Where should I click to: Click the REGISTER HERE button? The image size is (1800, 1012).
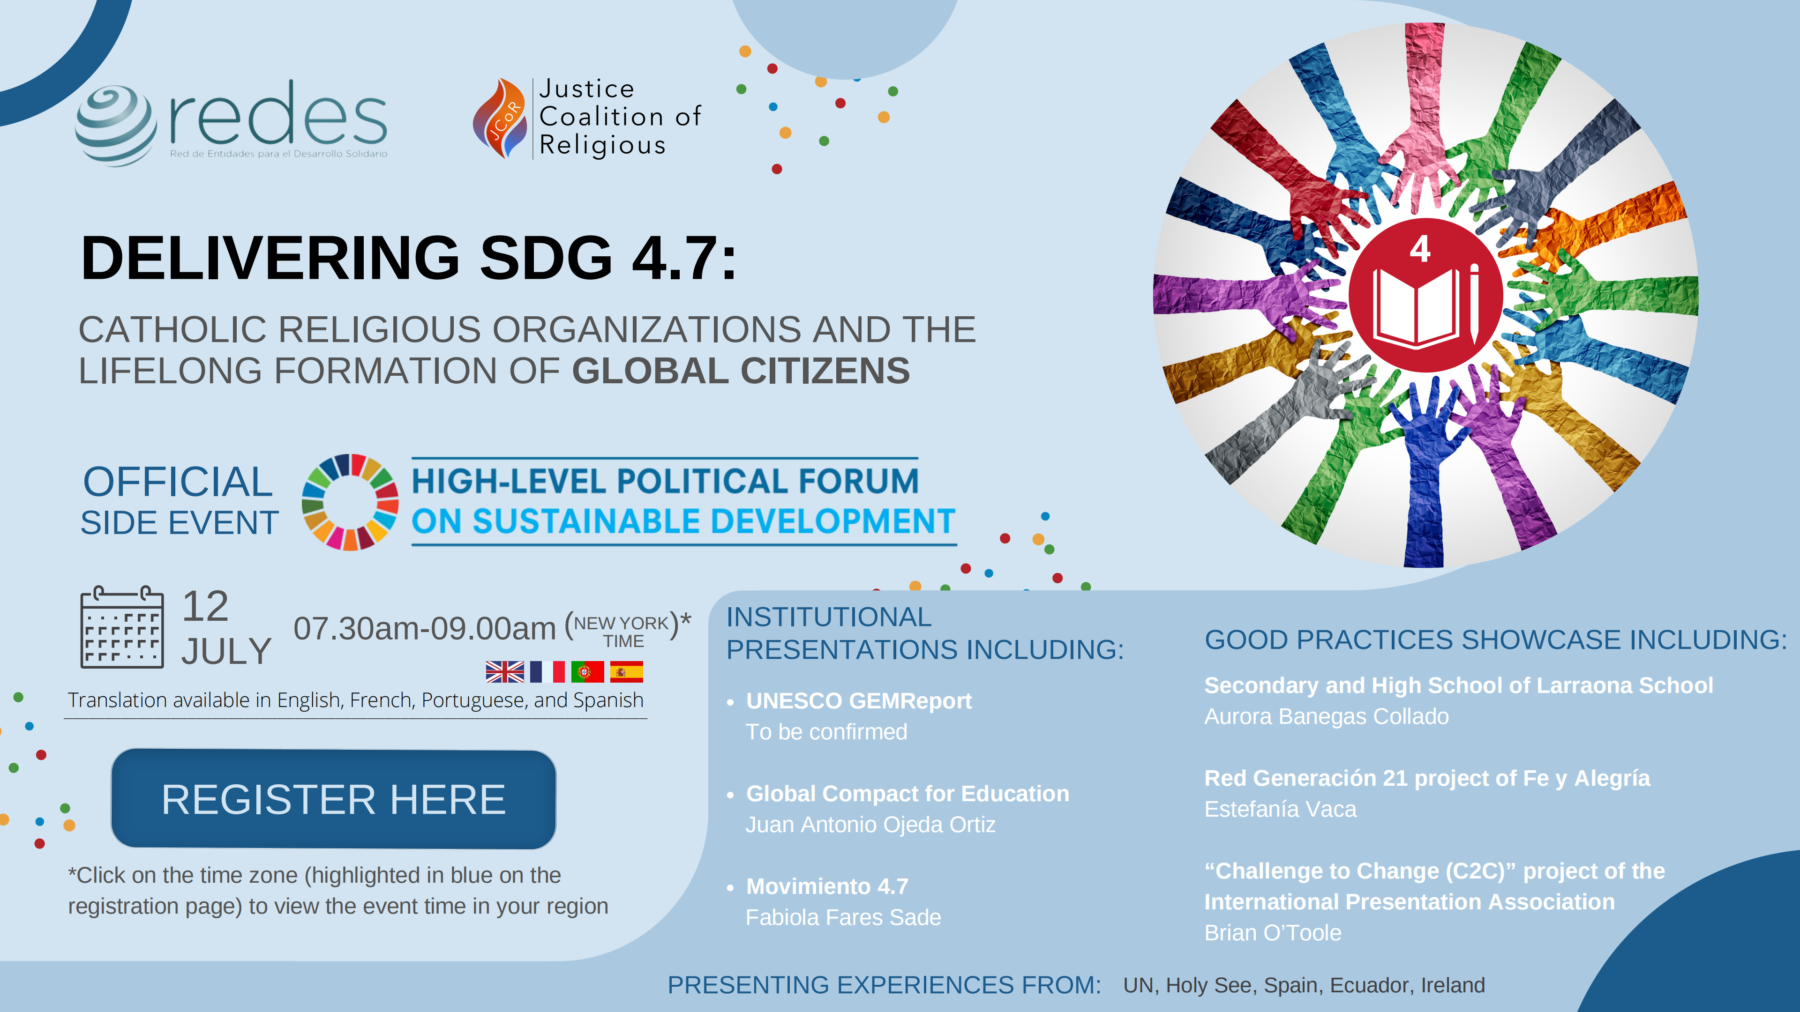tap(333, 799)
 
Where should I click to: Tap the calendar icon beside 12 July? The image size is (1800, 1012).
tap(122, 627)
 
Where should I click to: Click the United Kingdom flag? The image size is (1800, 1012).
tap(504, 672)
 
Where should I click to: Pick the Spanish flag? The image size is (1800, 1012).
tap(626, 672)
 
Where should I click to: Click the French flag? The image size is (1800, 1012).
tap(547, 672)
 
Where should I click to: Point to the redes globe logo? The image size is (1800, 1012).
tap(116, 126)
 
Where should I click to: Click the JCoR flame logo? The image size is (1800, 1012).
tap(500, 117)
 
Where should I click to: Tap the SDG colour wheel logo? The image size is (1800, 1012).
tap(350, 502)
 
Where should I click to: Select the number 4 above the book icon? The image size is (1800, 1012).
tap(1420, 249)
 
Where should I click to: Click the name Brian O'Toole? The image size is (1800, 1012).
tap(1273, 933)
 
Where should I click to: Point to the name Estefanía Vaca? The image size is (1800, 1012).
tap(1280, 810)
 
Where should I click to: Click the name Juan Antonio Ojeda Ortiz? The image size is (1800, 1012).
tap(870, 825)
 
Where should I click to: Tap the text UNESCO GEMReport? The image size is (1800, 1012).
tap(859, 700)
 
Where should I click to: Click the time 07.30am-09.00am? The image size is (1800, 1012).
tap(424, 629)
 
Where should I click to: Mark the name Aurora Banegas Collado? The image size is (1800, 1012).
tap(1326, 716)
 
